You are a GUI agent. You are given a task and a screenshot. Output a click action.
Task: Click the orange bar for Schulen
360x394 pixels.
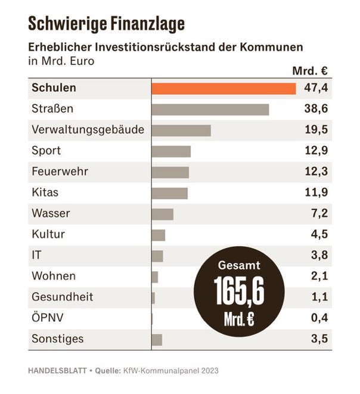click(224, 88)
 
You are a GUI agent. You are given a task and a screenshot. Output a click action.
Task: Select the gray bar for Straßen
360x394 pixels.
click(210, 110)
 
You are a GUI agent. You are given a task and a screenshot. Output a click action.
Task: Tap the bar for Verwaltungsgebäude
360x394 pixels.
click(181, 131)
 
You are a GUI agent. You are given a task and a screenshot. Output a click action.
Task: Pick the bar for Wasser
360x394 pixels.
click(162, 214)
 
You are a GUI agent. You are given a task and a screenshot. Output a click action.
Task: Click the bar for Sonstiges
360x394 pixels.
click(157, 339)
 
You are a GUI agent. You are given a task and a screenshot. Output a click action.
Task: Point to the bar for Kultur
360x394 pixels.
click(158, 235)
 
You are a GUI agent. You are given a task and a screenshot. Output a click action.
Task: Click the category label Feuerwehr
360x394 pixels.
click(60, 172)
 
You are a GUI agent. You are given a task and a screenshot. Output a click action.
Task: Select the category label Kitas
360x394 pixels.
click(45, 193)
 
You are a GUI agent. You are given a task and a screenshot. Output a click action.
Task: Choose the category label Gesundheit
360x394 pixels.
click(62, 297)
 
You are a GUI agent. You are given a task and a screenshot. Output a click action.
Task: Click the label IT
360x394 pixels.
click(36, 255)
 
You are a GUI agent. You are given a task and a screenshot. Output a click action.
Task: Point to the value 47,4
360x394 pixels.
click(315, 88)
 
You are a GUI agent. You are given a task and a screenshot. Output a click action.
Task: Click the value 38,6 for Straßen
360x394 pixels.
click(315, 110)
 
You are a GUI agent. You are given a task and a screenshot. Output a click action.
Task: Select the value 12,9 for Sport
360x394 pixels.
click(315, 151)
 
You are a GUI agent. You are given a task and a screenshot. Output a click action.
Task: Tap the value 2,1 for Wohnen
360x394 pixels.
click(318, 277)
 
